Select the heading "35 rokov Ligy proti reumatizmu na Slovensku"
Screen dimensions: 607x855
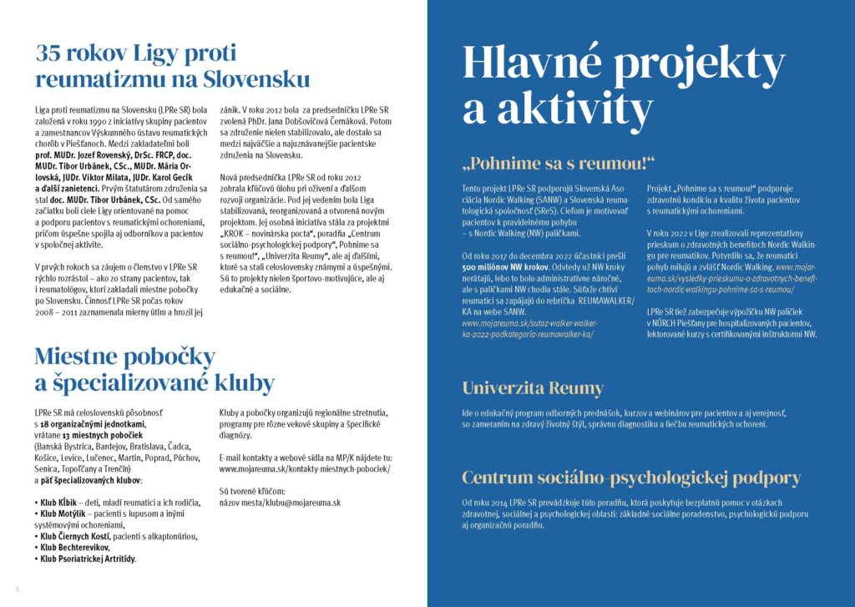point(172,67)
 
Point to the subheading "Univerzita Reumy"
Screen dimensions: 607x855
point(532,388)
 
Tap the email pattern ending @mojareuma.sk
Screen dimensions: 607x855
point(279,503)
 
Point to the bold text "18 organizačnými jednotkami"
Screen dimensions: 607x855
point(89,424)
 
